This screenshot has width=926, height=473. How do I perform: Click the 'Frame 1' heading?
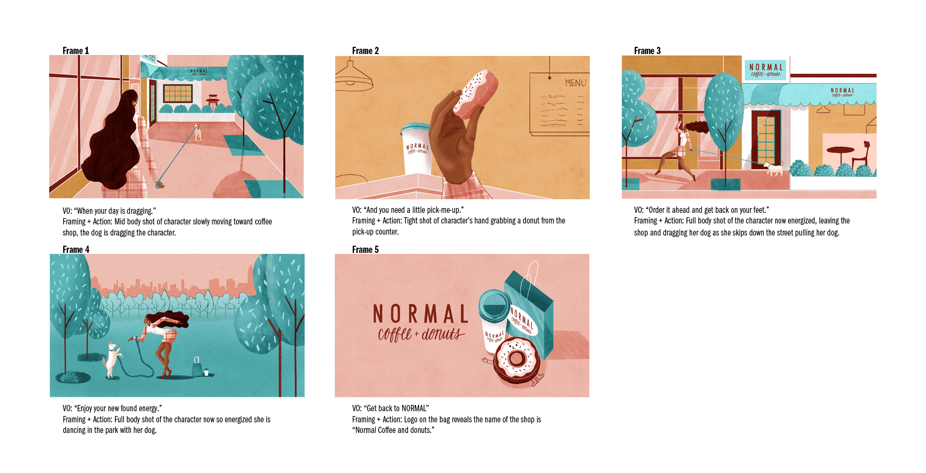(x=76, y=51)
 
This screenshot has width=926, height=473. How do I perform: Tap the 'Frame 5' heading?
(x=365, y=250)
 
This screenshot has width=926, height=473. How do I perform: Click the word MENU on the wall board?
(x=575, y=83)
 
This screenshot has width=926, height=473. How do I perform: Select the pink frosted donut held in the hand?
(x=475, y=94)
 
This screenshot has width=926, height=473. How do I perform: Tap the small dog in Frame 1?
(x=197, y=133)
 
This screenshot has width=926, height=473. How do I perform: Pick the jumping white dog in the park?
(x=112, y=360)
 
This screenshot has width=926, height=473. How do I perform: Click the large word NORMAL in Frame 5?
(x=421, y=314)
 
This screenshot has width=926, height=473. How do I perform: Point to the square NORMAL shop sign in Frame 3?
(x=765, y=70)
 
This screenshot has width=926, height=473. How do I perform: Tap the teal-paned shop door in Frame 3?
(x=766, y=140)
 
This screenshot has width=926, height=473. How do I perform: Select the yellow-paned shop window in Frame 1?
(x=178, y=93)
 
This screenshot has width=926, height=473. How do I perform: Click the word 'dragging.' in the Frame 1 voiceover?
(x=141, y=211)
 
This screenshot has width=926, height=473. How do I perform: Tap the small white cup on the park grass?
(x=206, y=372)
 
